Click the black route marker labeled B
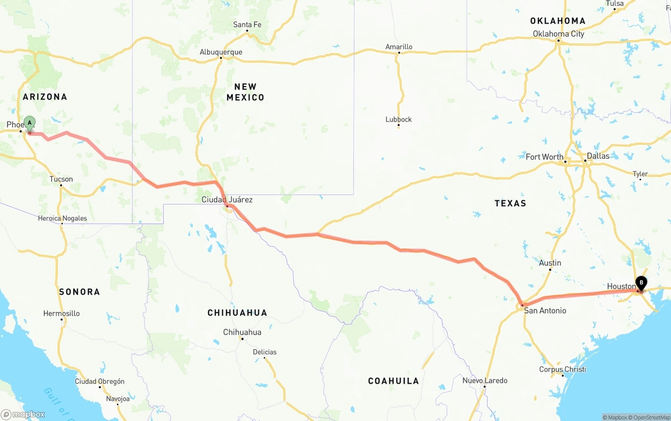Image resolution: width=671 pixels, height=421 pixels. pyautogui.click(x=641, y=283)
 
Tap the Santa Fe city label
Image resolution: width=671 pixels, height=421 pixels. pyautogui.click(x=247, y=25)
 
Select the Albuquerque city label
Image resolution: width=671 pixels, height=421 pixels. pyautogui.click(x=221, y=52)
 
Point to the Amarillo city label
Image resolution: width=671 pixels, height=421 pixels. pyautogui.click(x=399, y=47)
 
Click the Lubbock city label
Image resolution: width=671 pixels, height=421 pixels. pyautogui.click(x=398, y=119)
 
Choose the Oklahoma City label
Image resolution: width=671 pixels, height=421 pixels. pyautogui.click(x=558, y=34)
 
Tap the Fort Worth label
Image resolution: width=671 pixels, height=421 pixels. pyautogui.click(x=545, y=157)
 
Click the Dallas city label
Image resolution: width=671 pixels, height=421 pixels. pyautogui.click(x=598, y=156)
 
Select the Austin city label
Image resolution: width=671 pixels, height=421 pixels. pyautogui.click(x=550, y=263)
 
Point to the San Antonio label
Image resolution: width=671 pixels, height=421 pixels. pyautogui.click(x=545, y=310)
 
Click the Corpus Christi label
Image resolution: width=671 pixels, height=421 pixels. pyautogui.click(x=562, y=369)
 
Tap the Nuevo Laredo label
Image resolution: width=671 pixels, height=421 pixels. pyautogui.click(x=484, y=380)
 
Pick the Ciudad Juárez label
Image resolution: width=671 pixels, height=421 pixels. pyautogui.click(x=227, y=199)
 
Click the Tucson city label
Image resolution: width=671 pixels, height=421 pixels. pyautogui.click(x=61, y=179)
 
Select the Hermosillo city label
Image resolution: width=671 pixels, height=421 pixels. pyautogui.click(x=61, y=314)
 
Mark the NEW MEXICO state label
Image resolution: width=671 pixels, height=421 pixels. pyautogui.click(x=245, y=92)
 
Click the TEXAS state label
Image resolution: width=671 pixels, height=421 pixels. pyautogui.click(x=510, y=203)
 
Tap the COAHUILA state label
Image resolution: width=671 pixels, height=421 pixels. pyautogui.click(x=393, y=381)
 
